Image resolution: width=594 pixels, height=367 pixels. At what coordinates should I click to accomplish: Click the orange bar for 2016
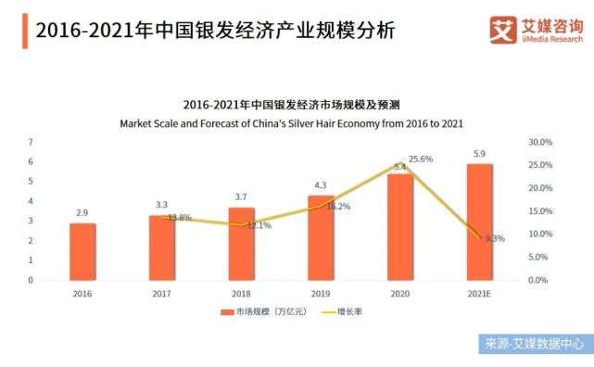click(x=82, y=252)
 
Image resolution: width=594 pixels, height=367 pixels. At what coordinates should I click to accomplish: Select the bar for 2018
click(x=241, y=244)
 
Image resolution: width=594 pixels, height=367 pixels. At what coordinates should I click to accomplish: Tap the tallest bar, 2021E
click(x=480, y=222)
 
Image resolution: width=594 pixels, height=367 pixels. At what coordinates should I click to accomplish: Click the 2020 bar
click(x=400, y=227)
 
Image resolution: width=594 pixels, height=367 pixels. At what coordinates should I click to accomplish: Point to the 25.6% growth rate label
click(x=421, y=159)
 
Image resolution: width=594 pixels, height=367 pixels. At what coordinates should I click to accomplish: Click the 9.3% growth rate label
click(x=495, y=238)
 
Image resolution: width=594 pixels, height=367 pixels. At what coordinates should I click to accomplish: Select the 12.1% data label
click(x=259, y=226)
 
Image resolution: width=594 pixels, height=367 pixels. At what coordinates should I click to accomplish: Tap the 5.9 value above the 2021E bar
click(x=479, y=154)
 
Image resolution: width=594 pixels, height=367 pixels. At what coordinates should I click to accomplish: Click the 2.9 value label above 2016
click(x=82, y=213)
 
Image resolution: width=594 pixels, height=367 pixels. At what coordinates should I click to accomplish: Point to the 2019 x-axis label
click(x=321, y=294)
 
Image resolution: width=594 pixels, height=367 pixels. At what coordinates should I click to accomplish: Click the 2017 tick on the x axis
click(x=162, y=294)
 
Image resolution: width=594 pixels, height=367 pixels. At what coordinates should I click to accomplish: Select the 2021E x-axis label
click(x=479, y=294)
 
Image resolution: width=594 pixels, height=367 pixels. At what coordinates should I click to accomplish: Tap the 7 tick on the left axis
click(x=31, y=142)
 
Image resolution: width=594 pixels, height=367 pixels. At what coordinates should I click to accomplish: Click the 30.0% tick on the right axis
click(x=540, y=142)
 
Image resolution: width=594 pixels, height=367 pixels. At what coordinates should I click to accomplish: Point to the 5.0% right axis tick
click(x=538, y=257)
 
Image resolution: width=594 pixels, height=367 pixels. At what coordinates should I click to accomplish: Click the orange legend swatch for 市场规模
click(x=227, y=312)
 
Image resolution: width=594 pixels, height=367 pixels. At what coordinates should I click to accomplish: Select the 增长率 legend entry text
click(x=349, y=311)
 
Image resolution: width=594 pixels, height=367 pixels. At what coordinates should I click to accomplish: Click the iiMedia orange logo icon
click(x=503, y=30)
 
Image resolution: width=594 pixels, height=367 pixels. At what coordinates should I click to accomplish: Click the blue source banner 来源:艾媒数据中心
click(x=536, y=344)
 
